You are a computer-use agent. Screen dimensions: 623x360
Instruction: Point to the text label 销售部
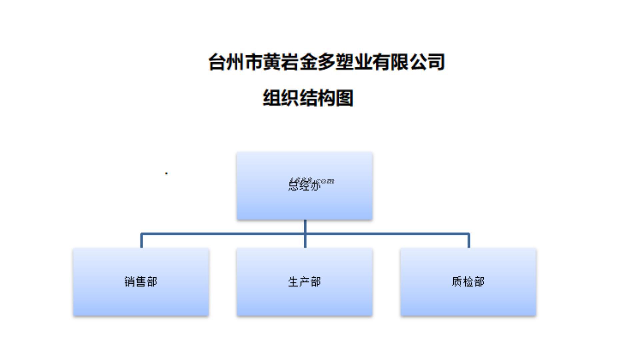141,282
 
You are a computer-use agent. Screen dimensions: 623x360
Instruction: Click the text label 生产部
304,282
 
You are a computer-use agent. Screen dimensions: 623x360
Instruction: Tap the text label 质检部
468,282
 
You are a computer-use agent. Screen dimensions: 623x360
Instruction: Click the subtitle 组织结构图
308,98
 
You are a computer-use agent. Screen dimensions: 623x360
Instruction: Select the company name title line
327,62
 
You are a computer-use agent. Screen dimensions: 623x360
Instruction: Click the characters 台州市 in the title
235,62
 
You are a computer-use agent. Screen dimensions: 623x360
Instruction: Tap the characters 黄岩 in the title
281,62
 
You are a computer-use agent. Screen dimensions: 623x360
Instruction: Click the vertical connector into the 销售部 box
141,241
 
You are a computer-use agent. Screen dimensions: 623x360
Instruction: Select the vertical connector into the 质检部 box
469,241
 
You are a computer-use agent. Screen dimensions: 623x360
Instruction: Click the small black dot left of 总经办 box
166,173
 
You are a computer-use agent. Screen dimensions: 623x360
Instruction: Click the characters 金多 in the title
317,62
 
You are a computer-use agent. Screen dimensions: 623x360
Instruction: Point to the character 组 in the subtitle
272,98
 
